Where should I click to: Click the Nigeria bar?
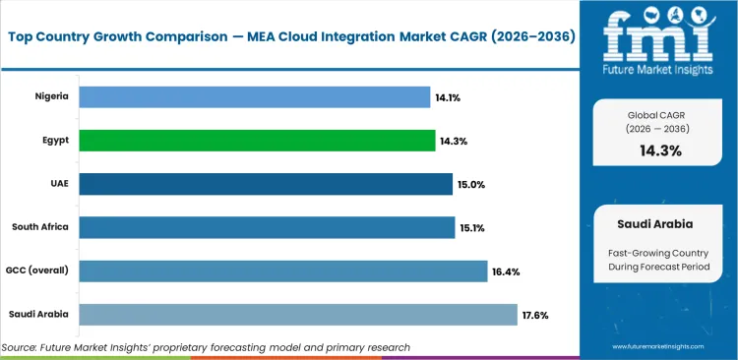click(254, 96)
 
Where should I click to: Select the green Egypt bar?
click(257, 141)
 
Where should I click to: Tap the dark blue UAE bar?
click(265, 184)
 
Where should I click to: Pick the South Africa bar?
click(266, 227)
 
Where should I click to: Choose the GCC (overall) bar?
click(282, 270)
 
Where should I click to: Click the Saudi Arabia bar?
click(297, 314)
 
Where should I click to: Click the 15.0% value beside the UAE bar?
click(470, 185)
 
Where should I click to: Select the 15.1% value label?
click(472, 228)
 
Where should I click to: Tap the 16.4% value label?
click(505, 271)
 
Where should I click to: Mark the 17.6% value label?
click(535, 315)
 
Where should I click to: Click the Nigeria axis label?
click(51, 96)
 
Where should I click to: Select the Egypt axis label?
click(54, 141)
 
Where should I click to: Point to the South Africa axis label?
click(40, 227)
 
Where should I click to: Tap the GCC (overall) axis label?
click(37, 270)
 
